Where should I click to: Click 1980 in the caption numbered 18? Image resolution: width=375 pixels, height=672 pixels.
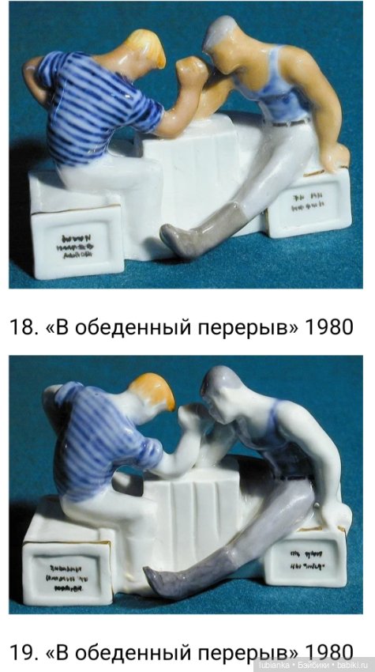[x=325, y=327]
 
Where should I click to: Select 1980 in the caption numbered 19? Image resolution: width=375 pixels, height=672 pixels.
[x=325, y=653]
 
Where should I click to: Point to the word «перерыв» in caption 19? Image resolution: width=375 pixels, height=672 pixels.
[x=253, y=653]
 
